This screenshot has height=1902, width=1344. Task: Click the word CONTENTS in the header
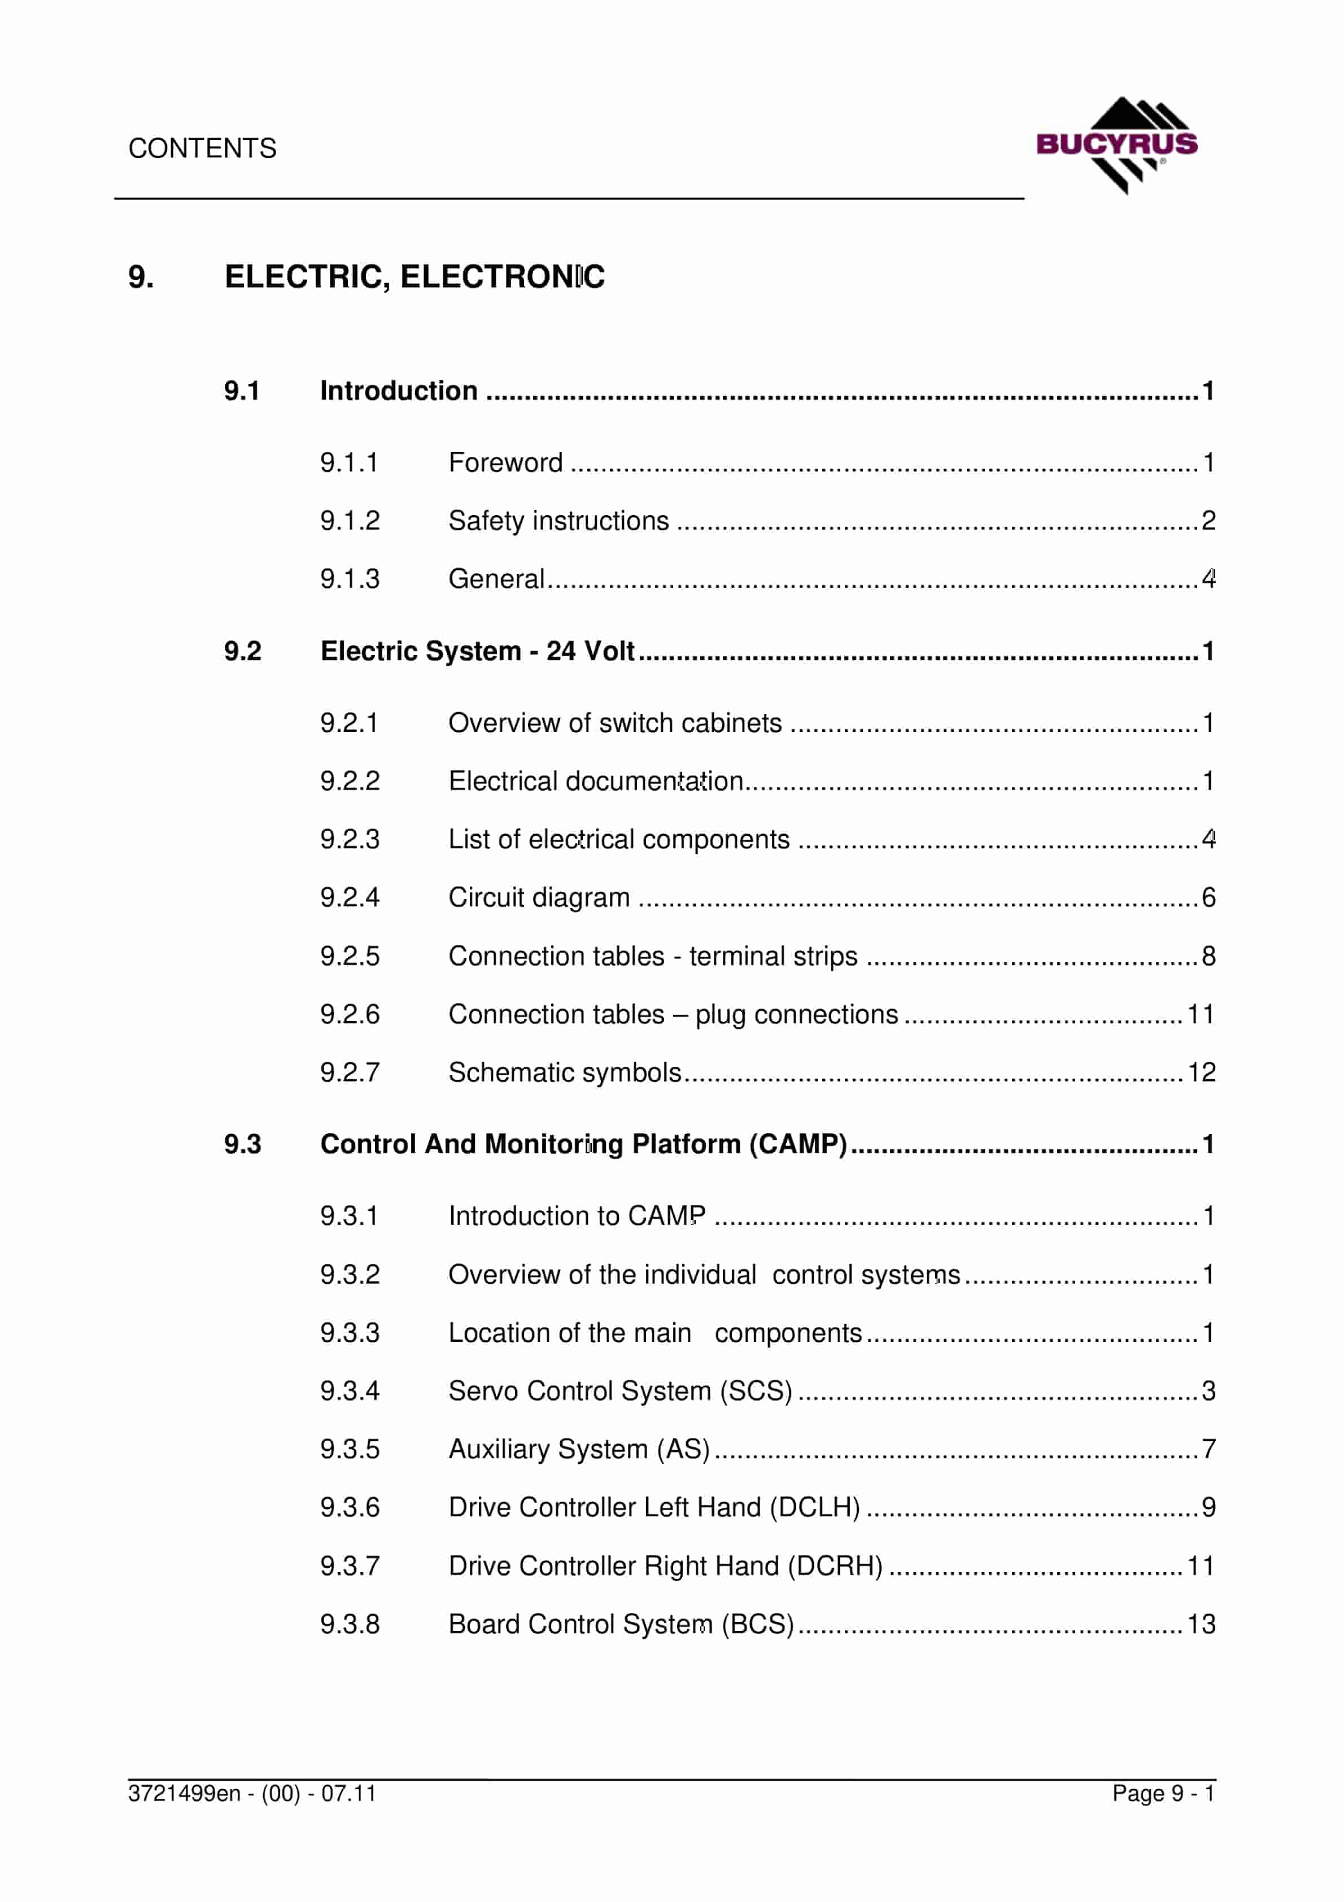pyautogui.click(x=202, y=149)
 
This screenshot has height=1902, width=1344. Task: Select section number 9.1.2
pyautogui.click(x=350, y=520)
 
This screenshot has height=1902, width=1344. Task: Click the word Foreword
pyautogui.click(x=505, y=463)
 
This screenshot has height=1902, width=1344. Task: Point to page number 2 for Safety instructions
pyautogui.click(x=1208, y=520)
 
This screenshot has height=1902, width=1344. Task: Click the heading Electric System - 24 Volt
pyautogui.click(x=477, y=651)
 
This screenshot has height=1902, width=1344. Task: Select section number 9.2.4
pyautogui.click(x=350, y=897)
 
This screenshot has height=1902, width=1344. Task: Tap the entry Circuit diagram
pyautogui.click(x=539, y=897)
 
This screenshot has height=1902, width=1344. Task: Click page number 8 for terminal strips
pyautogui.click(x=1208, y=956)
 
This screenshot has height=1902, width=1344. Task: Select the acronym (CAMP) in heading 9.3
pyautogui.click(x=798, y=1144)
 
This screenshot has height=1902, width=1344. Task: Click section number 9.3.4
pyautogui.click(x=350, y=1391)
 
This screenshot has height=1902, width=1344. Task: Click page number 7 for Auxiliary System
pyautogui.click(x=1208, y=1449)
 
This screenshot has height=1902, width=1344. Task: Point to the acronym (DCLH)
pyautogui.click(x=814, y=1507)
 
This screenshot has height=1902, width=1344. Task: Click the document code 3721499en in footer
pyautogui.click(x=184, y=1794)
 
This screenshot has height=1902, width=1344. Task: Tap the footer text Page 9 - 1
pyautogui.click(x=1163, y=1794)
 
